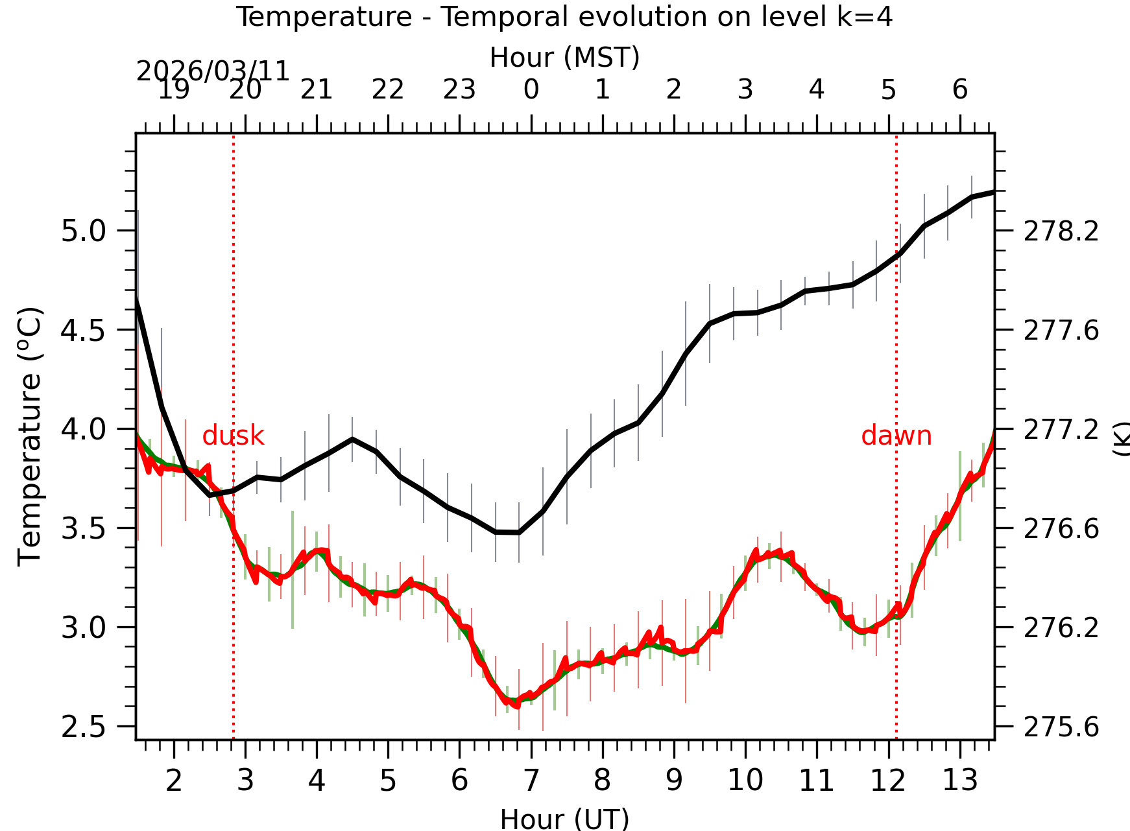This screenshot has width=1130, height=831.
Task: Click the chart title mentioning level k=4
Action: [564, 17]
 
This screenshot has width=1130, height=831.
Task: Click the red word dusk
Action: [233, 436]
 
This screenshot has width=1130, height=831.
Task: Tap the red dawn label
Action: [896, 436]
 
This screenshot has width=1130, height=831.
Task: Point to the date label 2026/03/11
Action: [212, 71]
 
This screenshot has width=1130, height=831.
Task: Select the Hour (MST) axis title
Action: [564, 57]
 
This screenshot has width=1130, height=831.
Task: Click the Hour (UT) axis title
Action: [564, 818]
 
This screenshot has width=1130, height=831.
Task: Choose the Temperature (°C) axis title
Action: [30, 436]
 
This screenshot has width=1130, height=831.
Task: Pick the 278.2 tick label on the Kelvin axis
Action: [1061, 231]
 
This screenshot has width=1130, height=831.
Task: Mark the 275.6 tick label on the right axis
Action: [1061, 727]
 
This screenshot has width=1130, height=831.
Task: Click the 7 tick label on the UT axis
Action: [531, 780]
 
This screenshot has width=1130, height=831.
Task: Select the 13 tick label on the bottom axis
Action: [959, 780]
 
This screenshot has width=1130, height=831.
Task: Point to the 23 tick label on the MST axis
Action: [459, 89]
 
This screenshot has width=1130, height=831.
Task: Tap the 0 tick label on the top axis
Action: [531, 89]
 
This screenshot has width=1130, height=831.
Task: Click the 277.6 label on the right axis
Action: [1061, 331]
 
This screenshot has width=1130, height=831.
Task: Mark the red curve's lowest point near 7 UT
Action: [517, 706]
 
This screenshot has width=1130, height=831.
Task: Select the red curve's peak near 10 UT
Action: [756, 551]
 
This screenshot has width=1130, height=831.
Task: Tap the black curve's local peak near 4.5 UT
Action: [352, 439]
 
